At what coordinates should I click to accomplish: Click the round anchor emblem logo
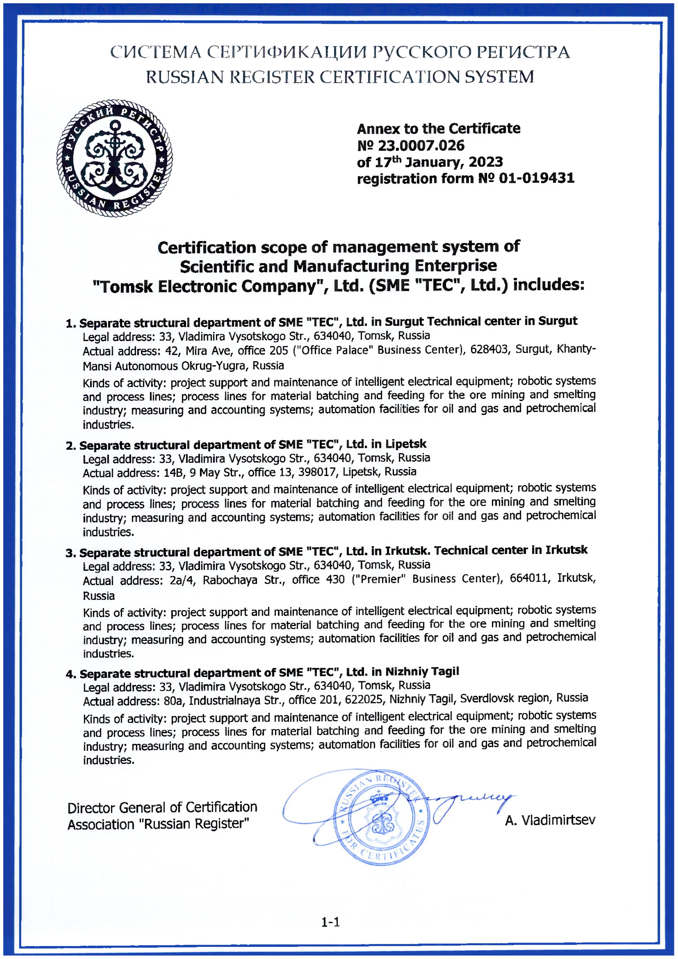pos(114,158)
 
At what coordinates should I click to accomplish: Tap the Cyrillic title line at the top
pos(340,53)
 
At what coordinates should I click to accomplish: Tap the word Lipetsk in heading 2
pos(406,444)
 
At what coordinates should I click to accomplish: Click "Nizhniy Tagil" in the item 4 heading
pos(422,672)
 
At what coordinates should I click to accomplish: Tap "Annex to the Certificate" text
pos(438,129)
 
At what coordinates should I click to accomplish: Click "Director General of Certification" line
pos(162,808)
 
